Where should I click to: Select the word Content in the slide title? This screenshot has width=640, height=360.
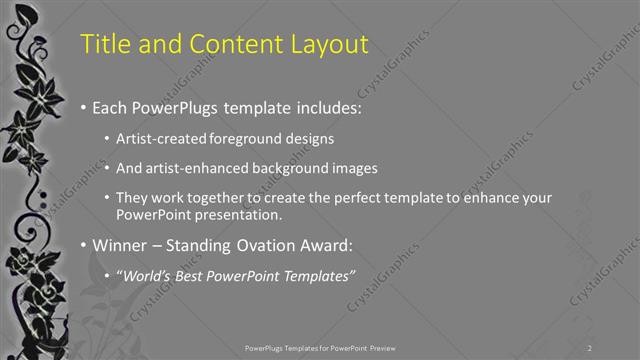coord(221,43)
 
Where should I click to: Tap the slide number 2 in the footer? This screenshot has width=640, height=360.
coord(590,347)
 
